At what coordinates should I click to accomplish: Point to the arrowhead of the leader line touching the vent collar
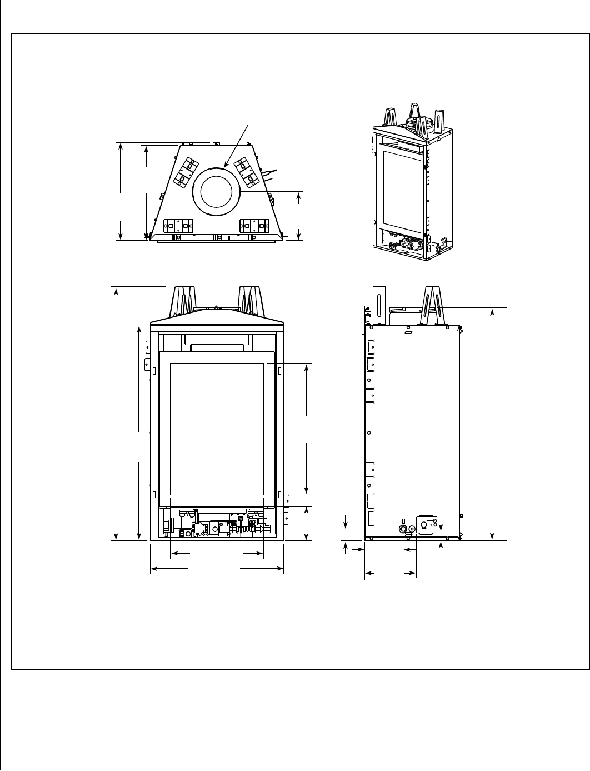point(226,166)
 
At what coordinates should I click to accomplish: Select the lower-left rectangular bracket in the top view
point(178,226)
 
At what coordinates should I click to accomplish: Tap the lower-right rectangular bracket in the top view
point(255,226)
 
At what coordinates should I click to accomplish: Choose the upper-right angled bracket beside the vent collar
point(247,172)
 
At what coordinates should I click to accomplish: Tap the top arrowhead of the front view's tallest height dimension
point(116,290)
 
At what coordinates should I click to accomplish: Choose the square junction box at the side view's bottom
point(427,525)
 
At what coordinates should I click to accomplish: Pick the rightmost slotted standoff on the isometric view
point(440,119)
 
